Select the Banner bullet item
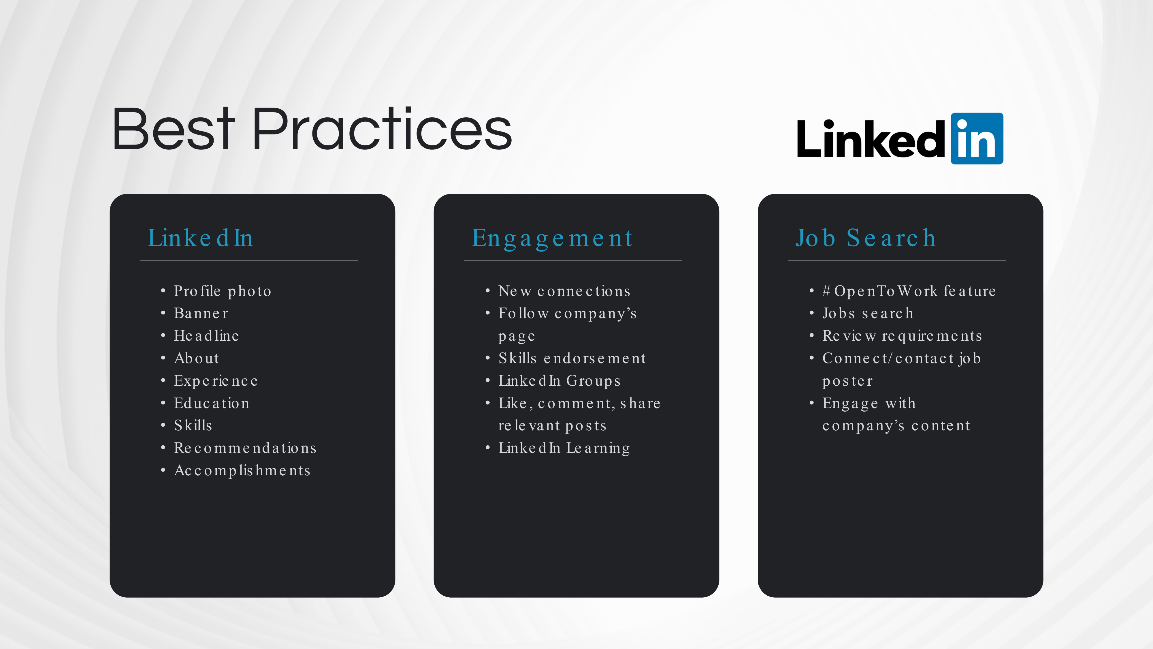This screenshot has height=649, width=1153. coord(201,313)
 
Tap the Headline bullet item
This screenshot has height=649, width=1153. coord(206,335)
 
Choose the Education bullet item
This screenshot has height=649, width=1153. coord(212,403)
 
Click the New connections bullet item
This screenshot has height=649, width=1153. coord(564,291)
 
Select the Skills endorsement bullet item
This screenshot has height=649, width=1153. coord(572,358)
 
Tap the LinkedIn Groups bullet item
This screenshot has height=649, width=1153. coord(559,381)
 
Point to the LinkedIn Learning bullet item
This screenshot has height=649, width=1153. coord(564,448)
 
